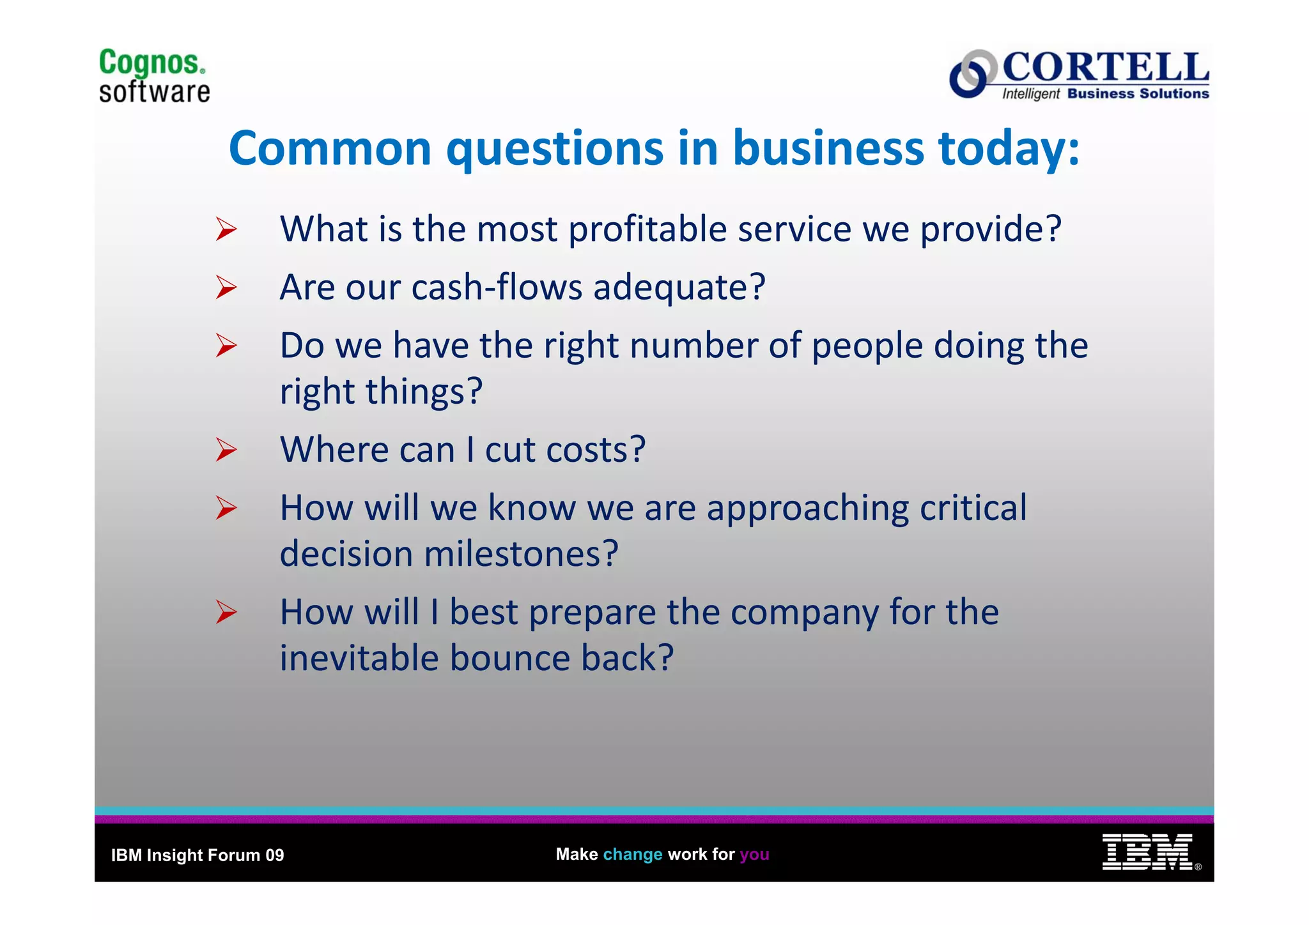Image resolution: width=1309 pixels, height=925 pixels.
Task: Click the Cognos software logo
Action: (154, 76)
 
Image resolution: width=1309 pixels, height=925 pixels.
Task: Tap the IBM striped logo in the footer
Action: (1147, 852)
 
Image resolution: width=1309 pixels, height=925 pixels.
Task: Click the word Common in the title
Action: (330, 148)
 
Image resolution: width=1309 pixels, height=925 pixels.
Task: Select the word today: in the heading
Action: (1009, 148)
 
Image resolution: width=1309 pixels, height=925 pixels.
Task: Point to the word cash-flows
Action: (497, 287)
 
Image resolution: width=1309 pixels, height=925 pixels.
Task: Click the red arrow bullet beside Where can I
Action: (226, 450)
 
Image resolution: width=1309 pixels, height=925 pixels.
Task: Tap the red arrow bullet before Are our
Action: (226, 287)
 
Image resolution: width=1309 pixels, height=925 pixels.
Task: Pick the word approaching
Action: (807, 508)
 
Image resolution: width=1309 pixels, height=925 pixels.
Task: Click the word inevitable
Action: (359, 658)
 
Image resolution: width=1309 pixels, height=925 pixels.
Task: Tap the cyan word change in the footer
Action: (632, 854)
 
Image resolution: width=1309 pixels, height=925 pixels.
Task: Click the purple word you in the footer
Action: (754, 854)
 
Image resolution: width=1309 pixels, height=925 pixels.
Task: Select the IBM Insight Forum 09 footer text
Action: (198, 855)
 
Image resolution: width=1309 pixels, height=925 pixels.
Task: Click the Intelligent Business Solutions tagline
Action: (1105, 94)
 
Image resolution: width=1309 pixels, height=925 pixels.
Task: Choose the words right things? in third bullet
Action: (381, 392)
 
